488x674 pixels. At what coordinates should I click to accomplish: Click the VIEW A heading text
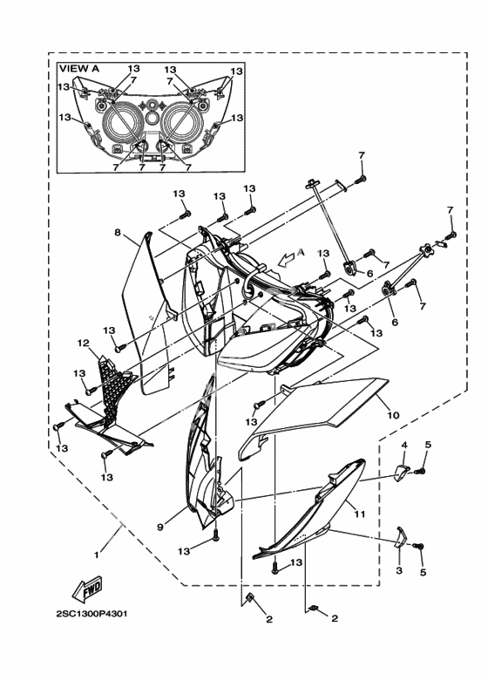click(79, 69)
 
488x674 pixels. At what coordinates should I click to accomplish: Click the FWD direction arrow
click(87, 589)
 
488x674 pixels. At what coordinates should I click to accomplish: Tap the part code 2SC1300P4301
click(91, 614)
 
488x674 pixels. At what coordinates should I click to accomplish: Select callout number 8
click(118, 233)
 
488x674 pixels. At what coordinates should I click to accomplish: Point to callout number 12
click(84, 344)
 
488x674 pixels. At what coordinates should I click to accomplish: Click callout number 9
click(159, 527)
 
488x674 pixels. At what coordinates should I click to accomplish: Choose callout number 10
click(394, 415)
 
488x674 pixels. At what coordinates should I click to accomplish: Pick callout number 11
click(360, 514)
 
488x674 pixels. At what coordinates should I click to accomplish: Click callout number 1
click(96, 555)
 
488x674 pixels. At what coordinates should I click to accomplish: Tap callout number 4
click(404, 445)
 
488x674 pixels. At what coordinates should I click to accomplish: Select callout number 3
click(399, 570)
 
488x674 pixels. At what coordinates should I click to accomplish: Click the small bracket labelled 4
click(402, 471)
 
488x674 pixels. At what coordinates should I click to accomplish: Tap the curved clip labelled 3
click(400, 537)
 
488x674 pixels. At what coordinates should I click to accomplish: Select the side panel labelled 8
click(148, 314)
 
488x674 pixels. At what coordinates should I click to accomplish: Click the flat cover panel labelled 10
click(314, 415)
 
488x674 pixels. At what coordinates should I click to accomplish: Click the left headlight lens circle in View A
click(121, 123)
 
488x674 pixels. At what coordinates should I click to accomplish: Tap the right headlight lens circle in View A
click(181, 123)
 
